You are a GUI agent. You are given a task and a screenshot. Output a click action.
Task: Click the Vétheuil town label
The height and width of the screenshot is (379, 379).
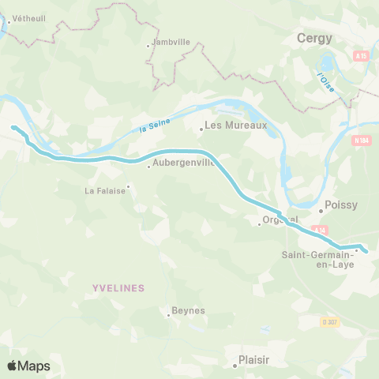click(28, 18)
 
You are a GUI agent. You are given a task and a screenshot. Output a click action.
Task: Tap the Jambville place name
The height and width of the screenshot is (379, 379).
click(171, 43)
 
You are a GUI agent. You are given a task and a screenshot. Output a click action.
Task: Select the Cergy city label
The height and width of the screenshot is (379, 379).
click(314, 37)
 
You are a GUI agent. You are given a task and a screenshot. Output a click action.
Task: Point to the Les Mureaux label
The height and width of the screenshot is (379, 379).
click(236, 125)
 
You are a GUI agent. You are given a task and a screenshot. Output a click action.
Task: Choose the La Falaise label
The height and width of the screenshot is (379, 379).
click(105, 190)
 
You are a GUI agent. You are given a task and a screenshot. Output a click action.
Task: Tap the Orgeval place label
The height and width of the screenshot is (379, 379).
click(280, 220)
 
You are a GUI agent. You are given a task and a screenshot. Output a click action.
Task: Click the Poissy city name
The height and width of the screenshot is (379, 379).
click(342, 205)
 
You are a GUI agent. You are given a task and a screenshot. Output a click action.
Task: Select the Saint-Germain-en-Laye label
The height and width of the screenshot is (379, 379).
click(318, 259)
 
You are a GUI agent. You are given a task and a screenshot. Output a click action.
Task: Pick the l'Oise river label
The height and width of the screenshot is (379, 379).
click(325, 82)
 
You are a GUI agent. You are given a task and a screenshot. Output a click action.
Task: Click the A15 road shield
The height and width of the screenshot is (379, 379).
click(361, 56)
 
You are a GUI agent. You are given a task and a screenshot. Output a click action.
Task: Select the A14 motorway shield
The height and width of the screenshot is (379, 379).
click(318, 230)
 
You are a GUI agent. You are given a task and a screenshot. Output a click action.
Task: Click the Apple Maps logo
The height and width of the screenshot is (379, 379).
click(28, 366)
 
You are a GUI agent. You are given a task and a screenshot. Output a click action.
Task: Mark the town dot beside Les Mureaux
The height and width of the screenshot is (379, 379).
click(201, 129)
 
